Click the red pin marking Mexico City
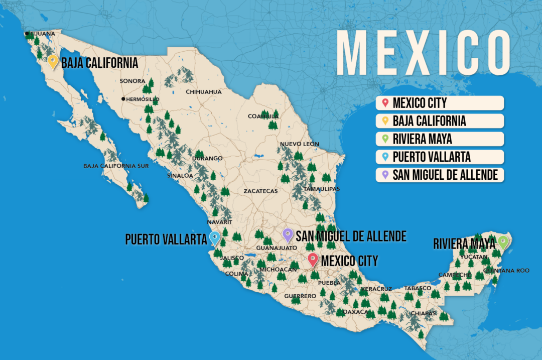(313, 259)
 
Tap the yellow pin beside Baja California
(53, 62)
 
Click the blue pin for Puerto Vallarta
(215, 237)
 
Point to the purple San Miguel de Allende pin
(288, 234)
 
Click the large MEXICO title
(423, 53)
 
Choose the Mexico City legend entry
(440, 103)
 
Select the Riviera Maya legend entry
(440, 139)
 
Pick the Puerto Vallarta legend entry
(440, 157)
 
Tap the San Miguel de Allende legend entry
(440, 175)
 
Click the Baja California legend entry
(440, 121)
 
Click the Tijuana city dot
(27, 34)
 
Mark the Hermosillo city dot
(123, 99)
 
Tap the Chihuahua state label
(204, 92)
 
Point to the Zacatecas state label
(260, 191)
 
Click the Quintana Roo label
(506, 271)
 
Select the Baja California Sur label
(116, 166)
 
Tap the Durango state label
(208, 158)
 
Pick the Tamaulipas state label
(322, 189)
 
